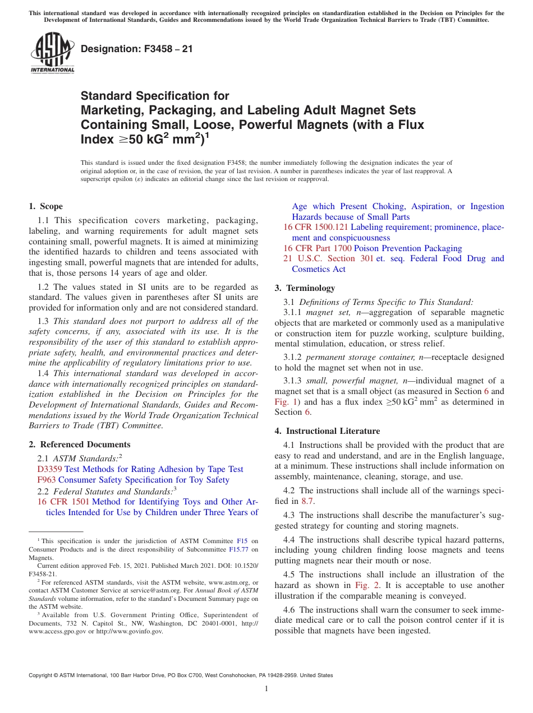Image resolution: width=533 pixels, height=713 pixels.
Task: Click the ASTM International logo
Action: coord(52,53)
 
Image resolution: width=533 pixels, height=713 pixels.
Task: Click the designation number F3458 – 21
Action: coord(137,49)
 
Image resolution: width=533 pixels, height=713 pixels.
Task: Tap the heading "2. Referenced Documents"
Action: coord(71,445)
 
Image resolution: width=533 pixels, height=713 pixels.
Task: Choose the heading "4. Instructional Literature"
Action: coord(327,431)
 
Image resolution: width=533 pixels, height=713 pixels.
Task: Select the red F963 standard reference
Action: coord(46,480)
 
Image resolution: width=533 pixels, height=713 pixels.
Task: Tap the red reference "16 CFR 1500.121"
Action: coord(315,228)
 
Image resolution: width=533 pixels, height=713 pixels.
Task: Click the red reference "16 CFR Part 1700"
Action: coord(317,248)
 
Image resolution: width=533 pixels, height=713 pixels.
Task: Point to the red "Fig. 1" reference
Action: coord(285,402)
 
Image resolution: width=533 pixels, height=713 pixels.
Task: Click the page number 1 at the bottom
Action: coord(266,688)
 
